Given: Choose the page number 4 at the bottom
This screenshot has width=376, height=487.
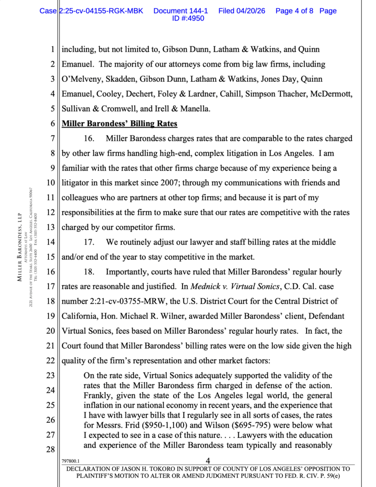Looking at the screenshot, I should point(208,460).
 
